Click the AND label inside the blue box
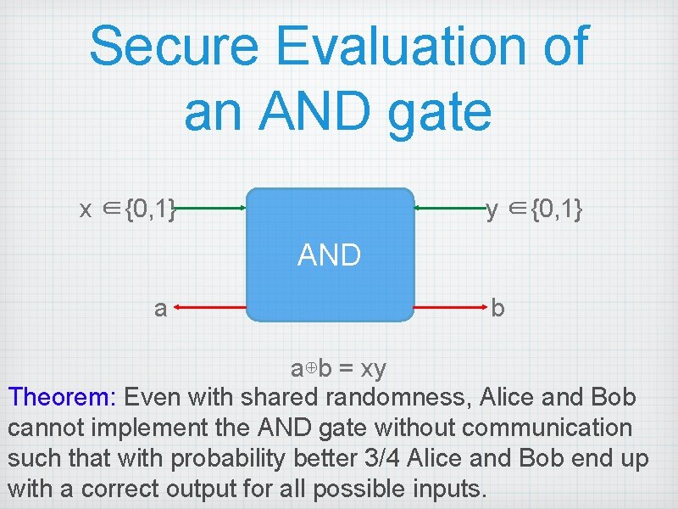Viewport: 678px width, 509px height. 330,255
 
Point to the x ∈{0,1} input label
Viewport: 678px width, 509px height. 128,209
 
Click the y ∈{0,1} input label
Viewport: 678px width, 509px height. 534,209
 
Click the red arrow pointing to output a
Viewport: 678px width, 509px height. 212,307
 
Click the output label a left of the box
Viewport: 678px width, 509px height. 160,308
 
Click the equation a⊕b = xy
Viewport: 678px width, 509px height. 338,369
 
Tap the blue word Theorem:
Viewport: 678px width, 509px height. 64,397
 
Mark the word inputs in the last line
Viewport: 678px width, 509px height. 439,489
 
